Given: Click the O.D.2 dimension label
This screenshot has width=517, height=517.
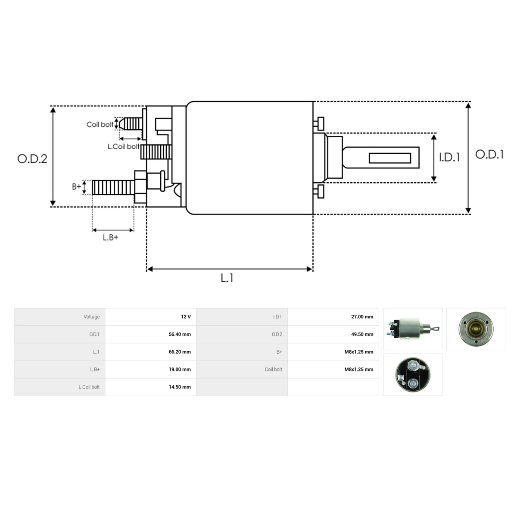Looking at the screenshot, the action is pos(32,159).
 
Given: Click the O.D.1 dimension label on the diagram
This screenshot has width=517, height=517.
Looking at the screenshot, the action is pos(489,155).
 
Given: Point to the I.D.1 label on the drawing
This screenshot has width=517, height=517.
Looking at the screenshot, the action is pos(449,157).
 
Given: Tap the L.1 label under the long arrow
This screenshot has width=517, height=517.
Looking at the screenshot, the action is pos(227,278).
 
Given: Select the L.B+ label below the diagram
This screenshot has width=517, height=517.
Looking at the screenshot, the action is pos(111,237).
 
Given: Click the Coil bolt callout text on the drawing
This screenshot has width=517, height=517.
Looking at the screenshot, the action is pos(100,125).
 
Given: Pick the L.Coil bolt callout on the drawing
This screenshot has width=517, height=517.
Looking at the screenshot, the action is pos(123,146).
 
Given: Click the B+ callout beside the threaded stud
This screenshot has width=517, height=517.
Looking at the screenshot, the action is pos(76,187).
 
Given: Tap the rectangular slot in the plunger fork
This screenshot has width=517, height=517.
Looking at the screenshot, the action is pos(390,158).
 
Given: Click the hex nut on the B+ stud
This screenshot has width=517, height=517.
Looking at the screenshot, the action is pos(140,187).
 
